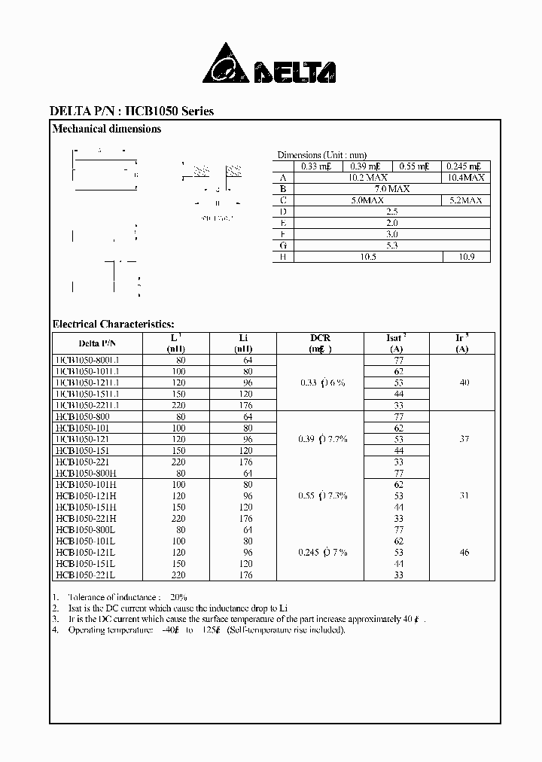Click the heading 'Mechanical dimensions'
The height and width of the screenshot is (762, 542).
[x=106, y=129]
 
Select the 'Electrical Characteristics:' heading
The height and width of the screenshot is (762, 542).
[x=113, y=324]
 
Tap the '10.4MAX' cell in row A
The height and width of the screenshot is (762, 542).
[x=465, y=178]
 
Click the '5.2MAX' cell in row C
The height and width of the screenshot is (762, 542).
[x=465, y=200]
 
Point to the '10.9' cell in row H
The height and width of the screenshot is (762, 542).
[x=465, y=257]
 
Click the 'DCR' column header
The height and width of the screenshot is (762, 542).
[x=320, y=338]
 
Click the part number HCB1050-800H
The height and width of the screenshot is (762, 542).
[x=85, y=473]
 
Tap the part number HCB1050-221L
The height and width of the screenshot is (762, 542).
[x=85, y=575]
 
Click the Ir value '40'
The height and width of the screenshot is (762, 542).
[x=464, y=383]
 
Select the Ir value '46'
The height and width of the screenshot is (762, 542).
[x=464, y=552]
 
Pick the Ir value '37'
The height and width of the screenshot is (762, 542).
[x=464, y=439]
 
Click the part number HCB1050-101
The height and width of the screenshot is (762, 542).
[x=83, y=428]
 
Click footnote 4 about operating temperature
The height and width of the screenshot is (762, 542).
[x=199, y=629]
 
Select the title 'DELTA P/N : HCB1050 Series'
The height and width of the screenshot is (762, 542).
[x=132, y=111]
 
